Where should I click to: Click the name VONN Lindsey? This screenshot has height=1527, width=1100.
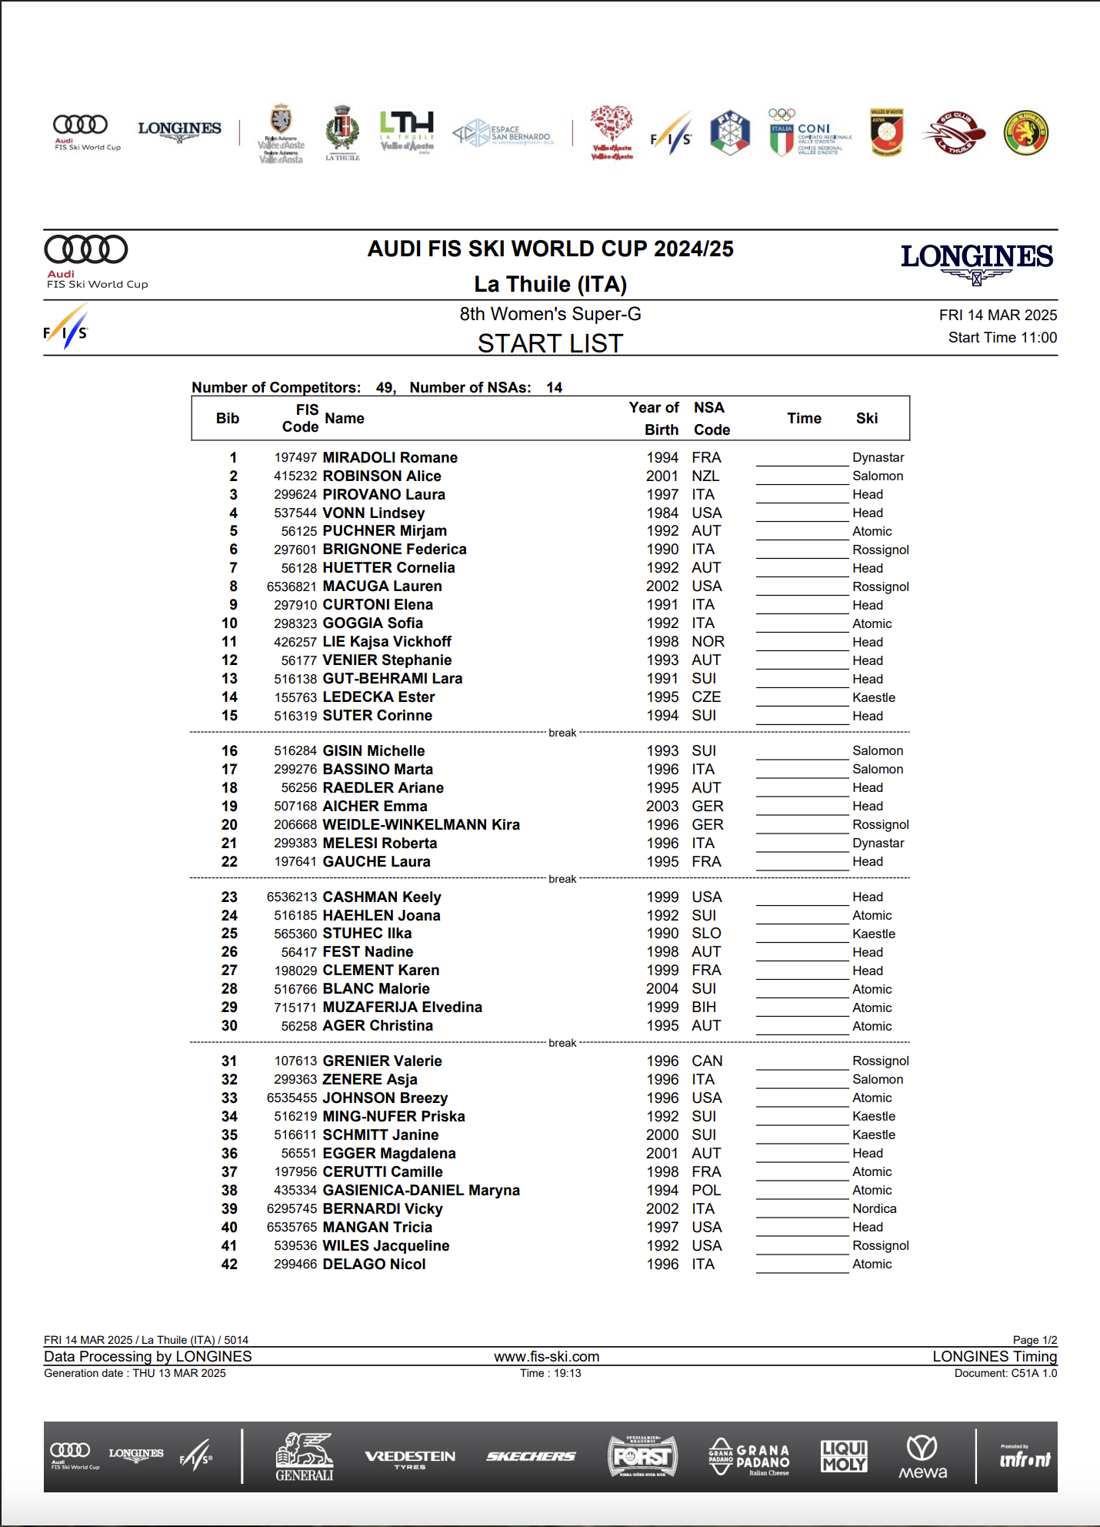point(373,513)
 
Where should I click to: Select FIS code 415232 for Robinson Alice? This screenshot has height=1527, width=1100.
point(295,476)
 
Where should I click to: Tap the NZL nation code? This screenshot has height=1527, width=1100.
point(705,476)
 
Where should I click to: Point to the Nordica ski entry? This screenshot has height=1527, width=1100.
point(874,1208)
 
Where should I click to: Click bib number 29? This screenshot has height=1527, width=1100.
point(229,1007)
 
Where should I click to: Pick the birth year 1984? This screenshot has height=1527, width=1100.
point(662,513)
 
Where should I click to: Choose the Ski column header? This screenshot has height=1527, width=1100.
point(866,418)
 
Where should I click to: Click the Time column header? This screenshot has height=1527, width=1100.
point(804,418)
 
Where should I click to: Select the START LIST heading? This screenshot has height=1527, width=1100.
point(550,343)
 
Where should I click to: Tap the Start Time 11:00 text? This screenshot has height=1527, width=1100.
point(1002,337)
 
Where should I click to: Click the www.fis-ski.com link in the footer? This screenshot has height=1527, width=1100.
point(546,1356)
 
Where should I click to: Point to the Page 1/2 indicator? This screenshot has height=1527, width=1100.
point(1035,1340)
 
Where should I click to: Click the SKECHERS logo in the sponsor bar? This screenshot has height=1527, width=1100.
point(531,1456)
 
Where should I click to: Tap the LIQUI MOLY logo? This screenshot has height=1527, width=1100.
point(844,1456)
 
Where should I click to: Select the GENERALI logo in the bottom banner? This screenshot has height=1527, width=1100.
point(305,1457)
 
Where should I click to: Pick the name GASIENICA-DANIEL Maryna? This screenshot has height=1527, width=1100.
point(421,1190)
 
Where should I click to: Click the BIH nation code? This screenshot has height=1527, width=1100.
point(703,1007)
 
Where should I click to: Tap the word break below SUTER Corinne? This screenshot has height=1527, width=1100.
point(562,733)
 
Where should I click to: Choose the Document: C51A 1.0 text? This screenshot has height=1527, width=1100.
point(1005,1373)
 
